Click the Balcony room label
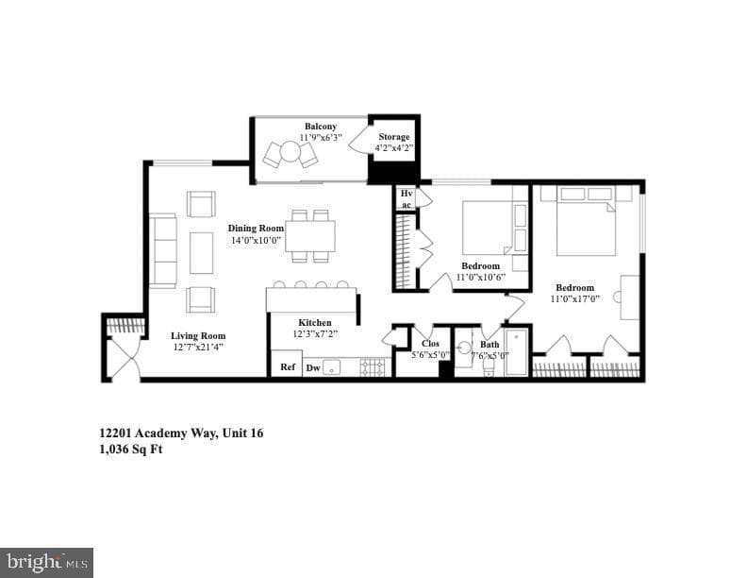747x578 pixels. (321, 127)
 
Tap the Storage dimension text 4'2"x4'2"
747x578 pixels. (394, 148)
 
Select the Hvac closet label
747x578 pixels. (407, 199)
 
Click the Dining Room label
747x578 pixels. (256, 228)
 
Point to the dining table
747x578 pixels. (310, 236)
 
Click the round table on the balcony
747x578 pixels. (290, 152)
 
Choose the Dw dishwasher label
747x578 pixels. (313, 367)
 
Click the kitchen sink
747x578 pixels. (332, 367)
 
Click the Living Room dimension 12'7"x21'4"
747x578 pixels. (198, 348)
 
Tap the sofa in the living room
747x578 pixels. (163, 250)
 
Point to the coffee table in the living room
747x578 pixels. (202, 253)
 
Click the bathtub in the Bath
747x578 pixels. (516, 353)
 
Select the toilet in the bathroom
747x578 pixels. (489, 367)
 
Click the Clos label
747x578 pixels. (431, 344)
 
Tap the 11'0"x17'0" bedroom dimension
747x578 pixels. (575, 299)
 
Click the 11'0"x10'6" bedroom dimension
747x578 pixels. (481, 277)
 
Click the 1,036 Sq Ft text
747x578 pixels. (131, 450)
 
